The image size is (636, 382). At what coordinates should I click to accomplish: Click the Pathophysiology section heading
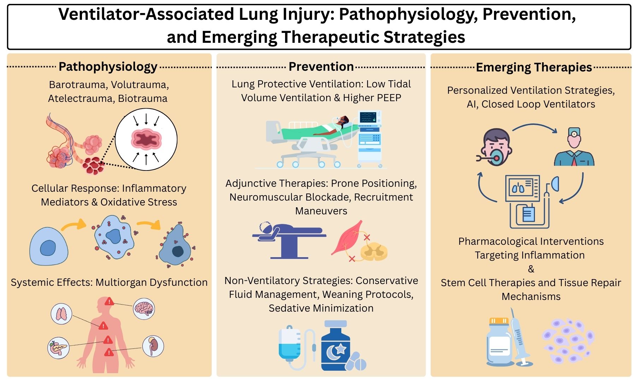tap(108, 66)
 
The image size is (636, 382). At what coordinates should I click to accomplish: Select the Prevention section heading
tap(321, 66)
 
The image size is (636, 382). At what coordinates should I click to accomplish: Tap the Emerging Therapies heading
tap(534, 67)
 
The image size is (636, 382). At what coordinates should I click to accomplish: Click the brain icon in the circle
tap(144, 309)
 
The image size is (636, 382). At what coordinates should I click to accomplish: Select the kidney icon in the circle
tap(153, 346)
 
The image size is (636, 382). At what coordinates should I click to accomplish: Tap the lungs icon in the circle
tap(61, 314)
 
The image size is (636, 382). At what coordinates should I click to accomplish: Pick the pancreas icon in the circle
tap(58, 348)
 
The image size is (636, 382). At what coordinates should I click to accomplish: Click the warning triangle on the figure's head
tap(109, 301)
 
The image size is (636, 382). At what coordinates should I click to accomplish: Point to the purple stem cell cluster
tap(567, 341)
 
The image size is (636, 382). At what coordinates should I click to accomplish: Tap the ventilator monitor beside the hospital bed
tap(369, 138)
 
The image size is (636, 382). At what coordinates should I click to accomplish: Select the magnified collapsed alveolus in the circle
tap(146, 139)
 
